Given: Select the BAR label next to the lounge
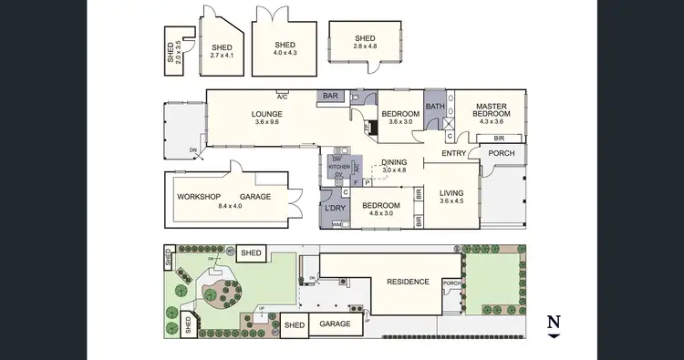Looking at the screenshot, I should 329,96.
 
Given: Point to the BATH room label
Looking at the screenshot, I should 436,106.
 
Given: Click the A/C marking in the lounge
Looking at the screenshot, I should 282,96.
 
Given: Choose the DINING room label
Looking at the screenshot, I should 394,161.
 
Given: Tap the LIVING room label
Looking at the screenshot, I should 451,193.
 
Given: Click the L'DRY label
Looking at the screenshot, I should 334,209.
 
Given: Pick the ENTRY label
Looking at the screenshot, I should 453,153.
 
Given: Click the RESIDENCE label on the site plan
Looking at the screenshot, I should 408,282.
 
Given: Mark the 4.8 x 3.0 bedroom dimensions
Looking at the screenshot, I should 380,215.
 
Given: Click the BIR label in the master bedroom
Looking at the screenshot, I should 499,139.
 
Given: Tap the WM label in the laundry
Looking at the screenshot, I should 336,223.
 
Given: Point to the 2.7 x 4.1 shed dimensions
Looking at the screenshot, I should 223,56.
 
